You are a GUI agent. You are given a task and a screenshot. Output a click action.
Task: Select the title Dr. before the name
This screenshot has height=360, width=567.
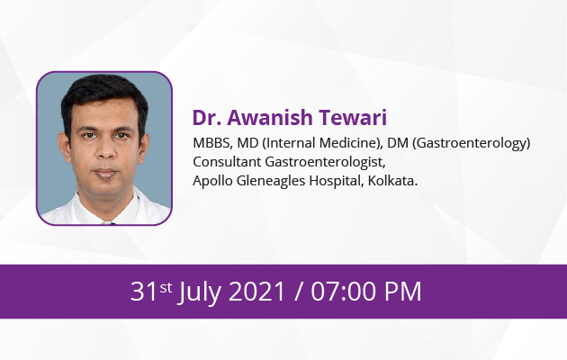pos(207,118)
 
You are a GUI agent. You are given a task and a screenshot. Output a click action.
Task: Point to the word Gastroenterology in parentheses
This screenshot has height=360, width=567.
pos(472,143)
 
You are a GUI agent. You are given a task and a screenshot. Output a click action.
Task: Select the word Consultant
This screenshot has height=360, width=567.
pos(227,162)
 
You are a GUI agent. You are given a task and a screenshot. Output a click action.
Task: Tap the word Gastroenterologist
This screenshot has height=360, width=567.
pos(325,162)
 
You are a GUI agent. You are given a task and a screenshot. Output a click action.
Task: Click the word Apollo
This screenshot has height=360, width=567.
pos(212,181)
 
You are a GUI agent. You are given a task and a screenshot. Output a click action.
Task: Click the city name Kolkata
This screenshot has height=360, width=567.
pos(392,180)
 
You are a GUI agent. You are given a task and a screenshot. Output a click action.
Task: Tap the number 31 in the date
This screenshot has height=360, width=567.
pos(144,291)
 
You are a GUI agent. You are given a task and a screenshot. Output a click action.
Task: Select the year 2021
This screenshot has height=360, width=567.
pos(256,291)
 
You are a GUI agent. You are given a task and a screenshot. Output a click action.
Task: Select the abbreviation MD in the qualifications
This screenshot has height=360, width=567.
pos(247,143)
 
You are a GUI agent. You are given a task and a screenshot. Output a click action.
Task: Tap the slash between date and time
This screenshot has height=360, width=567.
pos(298,291)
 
